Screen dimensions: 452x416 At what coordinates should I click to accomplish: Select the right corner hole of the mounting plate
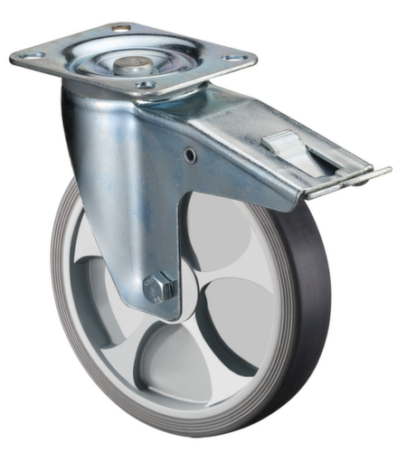pyautogui.click(x=236, y=60)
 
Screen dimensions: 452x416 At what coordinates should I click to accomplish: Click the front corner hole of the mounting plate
pyautogui.click(x=145, y=85)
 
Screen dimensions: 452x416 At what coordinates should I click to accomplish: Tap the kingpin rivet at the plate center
pyautogui.click(x=132, y=65)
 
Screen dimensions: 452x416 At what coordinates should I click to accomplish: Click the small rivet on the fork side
pyautogui.click(x=190, y=155)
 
